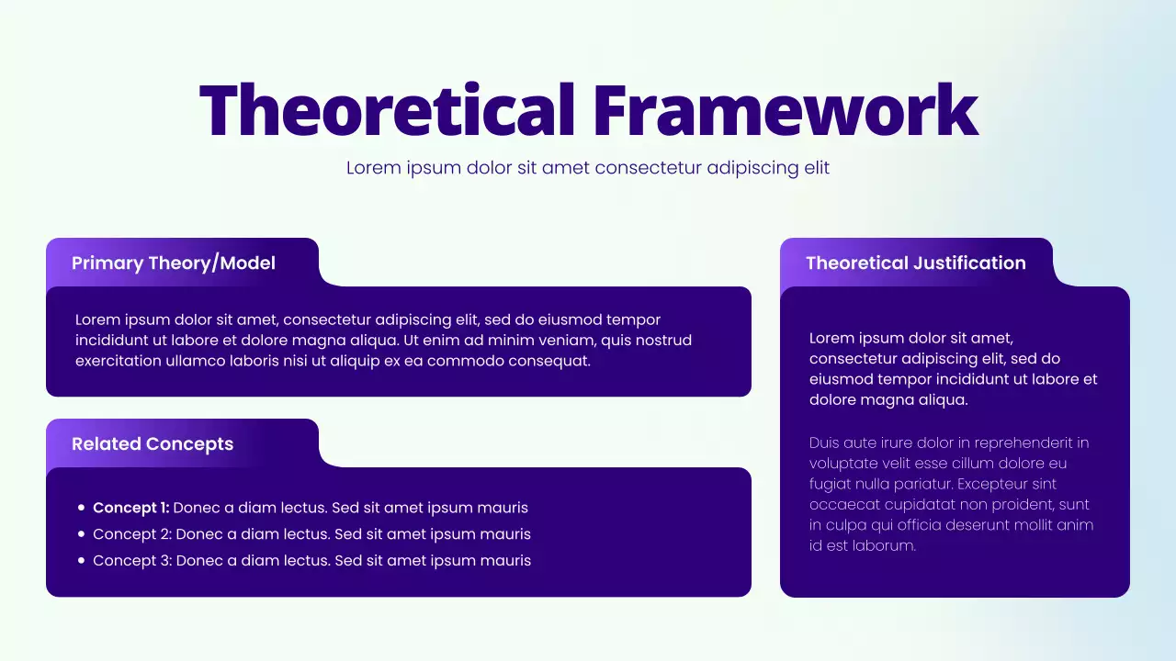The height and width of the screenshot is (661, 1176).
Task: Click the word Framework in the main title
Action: [x=785, y=110]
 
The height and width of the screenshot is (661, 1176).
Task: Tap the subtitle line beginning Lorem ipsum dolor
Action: [x=587, y=168]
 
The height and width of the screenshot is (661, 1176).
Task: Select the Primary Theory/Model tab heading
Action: [x=174, y=263]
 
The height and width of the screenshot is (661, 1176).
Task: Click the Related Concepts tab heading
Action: [x=153, y=444]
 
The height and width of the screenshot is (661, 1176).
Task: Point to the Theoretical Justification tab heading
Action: [x=915, y=263]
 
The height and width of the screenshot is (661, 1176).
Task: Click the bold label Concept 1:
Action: [x=130, y=508]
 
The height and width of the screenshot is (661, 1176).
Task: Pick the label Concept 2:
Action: [x=131, y=534]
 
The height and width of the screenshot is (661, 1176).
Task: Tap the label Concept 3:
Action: [x=131, y=561]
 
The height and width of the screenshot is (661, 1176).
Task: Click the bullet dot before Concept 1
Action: [x=82, y=508]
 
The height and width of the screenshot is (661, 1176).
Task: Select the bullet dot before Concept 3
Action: [x=82, y=561]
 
